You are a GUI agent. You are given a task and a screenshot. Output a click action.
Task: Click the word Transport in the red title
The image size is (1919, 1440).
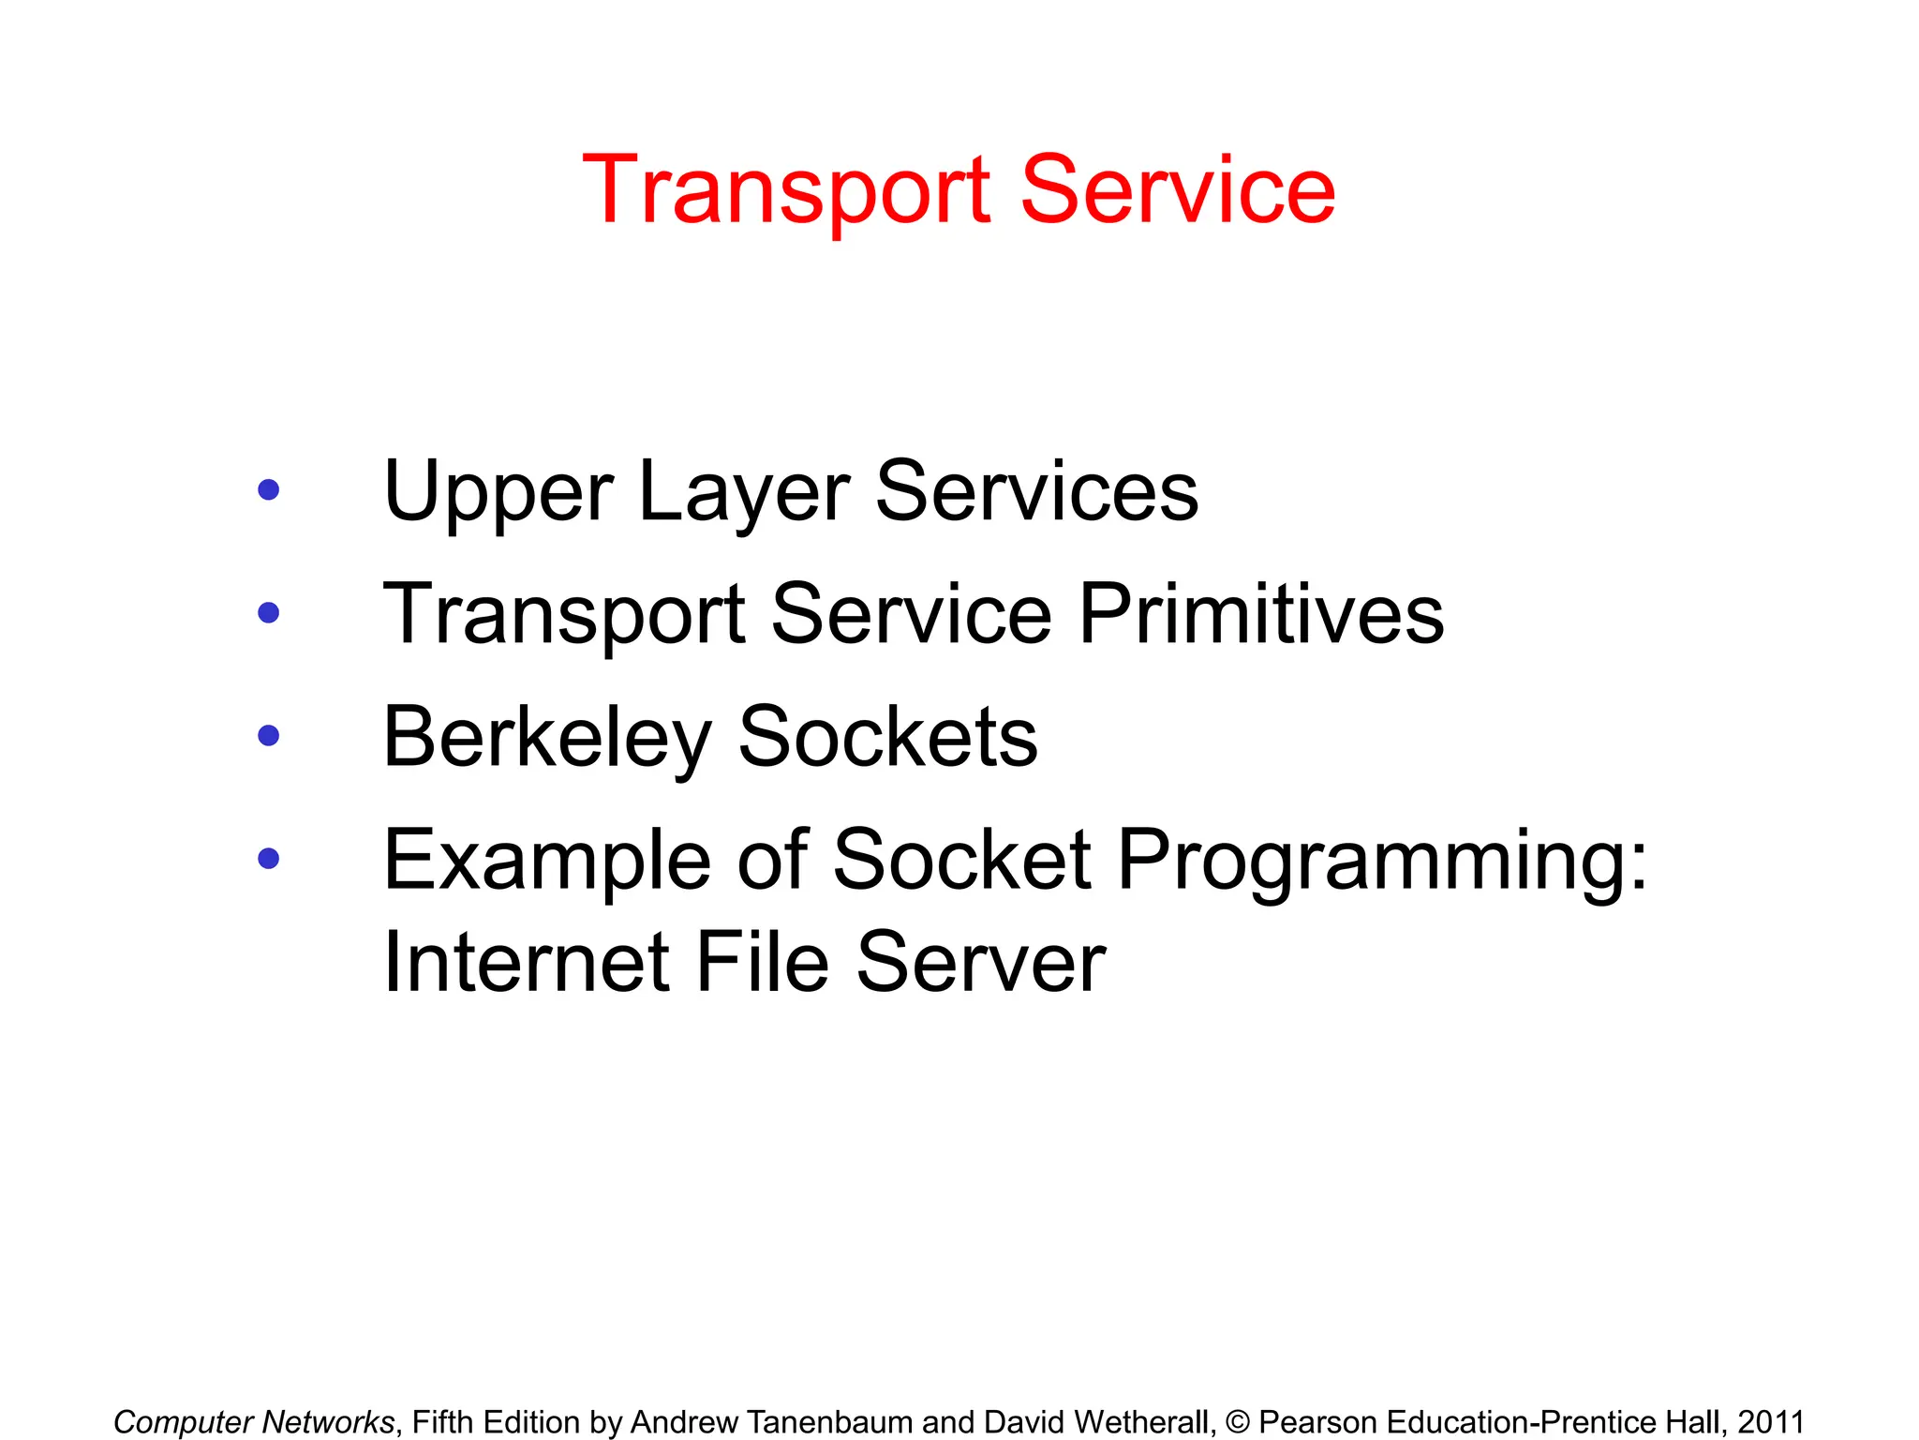[785, 191]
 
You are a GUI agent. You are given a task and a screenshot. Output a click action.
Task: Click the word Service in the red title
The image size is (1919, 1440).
[1177, 191]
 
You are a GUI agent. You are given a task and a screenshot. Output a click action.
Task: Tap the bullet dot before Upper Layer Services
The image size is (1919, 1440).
[269, 489]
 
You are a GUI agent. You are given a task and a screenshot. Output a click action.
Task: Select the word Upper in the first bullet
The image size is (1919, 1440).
[498, 493]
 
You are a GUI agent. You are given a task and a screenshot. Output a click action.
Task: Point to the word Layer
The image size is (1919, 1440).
[743, 493]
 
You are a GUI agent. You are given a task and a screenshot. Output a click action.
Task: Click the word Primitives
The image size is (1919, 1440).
[1261, 614]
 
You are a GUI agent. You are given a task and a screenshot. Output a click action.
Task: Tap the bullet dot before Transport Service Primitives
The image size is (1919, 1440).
[269, 612]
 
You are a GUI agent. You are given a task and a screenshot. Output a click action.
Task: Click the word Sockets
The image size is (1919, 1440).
[887, 737]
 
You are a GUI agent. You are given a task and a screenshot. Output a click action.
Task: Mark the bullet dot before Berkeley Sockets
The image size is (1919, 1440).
[269, 735]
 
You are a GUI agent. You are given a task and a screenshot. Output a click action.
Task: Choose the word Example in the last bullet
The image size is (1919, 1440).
[547, 861]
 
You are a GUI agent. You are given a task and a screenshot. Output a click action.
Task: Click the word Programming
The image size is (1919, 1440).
[1382, 861]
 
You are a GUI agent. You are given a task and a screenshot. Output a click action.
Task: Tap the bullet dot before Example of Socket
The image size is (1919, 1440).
[269, 858]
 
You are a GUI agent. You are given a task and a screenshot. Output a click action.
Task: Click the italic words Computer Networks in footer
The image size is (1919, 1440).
[254, 1422]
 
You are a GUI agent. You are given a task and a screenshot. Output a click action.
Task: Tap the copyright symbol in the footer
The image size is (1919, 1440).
[1238, 1422]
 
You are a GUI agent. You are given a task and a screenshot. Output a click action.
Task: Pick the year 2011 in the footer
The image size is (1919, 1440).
[1770, 1422]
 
